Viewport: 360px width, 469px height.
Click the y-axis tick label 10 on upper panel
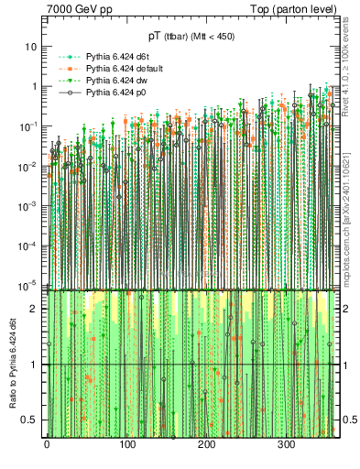click(x=32, y=46)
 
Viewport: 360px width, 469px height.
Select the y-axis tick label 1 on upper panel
click(x=35, y=86)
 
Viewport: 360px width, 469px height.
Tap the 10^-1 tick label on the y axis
click(x=30, y=125)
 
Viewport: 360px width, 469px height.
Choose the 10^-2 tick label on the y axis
click(x=30, y=165)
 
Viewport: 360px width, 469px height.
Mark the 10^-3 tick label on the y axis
click(x=30, y=205)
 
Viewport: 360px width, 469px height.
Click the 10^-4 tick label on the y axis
click(x=30, y=245)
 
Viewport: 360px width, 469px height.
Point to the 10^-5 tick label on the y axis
click(x=30, y=284)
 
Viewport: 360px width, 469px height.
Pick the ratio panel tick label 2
click(x=35, y=309)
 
